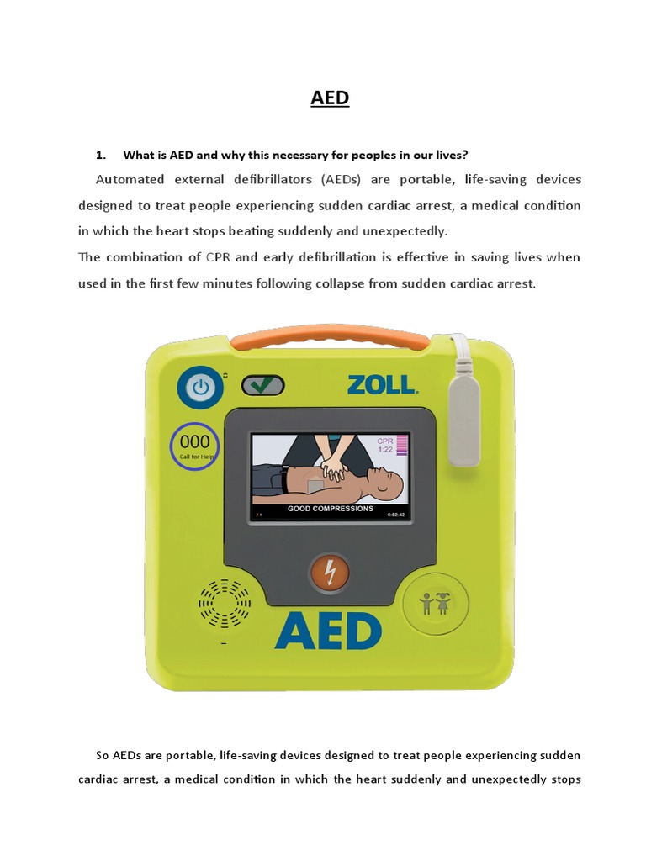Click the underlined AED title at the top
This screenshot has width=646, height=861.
[330, 98]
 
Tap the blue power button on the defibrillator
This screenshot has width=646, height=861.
[200, 388]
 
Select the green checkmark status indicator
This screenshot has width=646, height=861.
[262, 385]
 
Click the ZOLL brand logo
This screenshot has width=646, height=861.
[381, 385]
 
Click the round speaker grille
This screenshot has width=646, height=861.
[225, 603]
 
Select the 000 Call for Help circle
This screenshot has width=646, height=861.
[195, 446]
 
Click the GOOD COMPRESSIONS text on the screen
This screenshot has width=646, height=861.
[331, 509]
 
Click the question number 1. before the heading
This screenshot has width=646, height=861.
[101, 155]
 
